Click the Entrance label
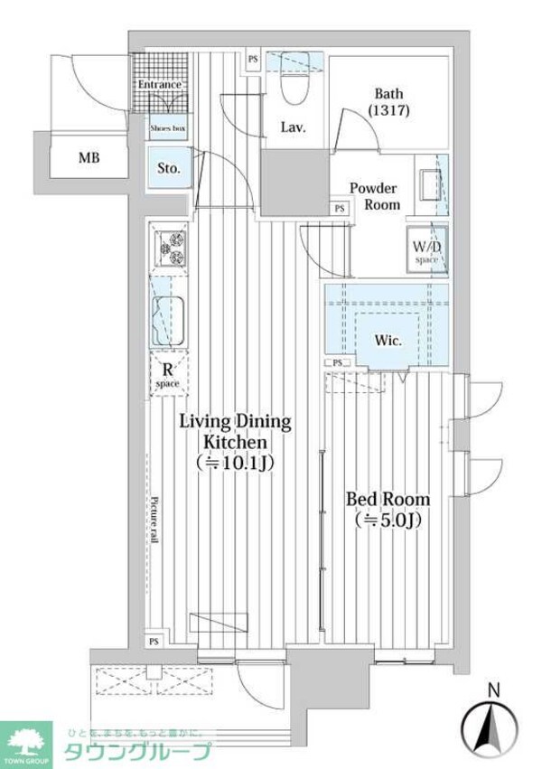(158, 84)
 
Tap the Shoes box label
(167, 129)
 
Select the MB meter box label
(89, 159)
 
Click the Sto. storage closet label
(169, 168)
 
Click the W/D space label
(425, 251)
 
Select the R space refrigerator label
(167, 374)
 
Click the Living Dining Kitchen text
(234, 431)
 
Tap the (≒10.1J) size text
(234, 463)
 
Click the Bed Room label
(388, 499)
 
